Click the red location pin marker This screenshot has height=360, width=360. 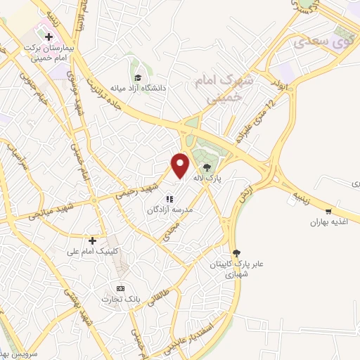(181, 165)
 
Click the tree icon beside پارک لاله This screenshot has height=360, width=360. (207, 167)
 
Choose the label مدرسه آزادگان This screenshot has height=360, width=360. (174, 210)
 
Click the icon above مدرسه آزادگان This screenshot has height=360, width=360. (168, 199)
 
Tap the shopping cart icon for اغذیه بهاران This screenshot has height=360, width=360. (328, 211)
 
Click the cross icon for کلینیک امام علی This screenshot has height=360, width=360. (92, 240)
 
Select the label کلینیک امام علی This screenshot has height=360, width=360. (93, 251)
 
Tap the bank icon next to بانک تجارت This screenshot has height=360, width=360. (120, 288)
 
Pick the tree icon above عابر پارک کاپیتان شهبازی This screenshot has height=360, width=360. (236, 253)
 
